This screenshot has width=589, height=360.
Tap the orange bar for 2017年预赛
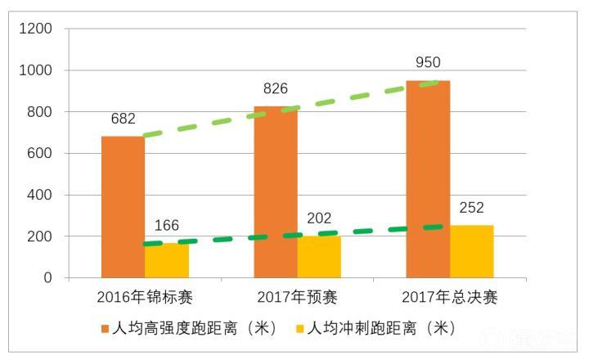coord(276,192)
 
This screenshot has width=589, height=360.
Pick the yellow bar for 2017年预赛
coord(319,257)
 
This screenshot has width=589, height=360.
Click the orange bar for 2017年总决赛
coord(428,179)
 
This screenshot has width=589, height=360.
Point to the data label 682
coord(123,119)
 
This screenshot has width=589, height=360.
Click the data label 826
coord(275,88)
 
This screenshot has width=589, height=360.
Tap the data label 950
coord(427,62)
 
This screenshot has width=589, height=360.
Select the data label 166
coord(167,226)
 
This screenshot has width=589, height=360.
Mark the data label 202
coord(319,218)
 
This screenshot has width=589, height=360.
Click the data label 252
coord(471,207)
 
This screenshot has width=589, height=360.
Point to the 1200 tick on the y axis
coord(35,29)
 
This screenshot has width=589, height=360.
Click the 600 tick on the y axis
coord(39,154)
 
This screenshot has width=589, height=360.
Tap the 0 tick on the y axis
coord(48,278)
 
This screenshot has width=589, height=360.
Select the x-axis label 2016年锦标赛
coord(145,297)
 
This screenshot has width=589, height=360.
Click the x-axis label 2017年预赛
coord(297,297)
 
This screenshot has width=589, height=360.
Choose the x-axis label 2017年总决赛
coord(449,297)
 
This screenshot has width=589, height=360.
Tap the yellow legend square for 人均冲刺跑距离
coord(299,329)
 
